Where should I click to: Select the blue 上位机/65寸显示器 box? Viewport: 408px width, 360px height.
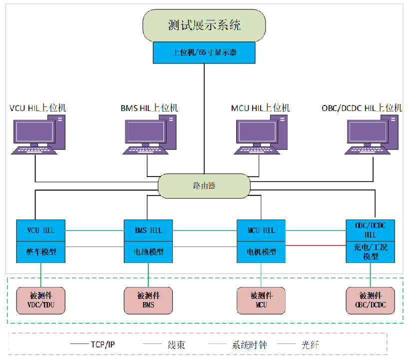[x=204, y=52]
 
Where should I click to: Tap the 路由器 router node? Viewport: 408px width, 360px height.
[x=204, y=185]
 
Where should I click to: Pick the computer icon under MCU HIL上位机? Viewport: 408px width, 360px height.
[x=261, y=133]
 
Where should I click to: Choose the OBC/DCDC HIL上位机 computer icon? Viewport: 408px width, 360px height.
[x=373, y=133]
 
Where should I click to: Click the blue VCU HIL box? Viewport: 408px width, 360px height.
[x=41, y=230]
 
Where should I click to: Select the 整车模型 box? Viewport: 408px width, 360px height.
[x=41, y=251]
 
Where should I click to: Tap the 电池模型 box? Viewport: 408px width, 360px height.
[x=149, y=251]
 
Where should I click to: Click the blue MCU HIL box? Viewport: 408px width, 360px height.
[x=261, y=230]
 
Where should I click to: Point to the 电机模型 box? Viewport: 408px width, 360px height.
[x=261, y=251]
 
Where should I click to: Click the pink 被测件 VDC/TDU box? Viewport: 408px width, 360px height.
[x=40, y=300]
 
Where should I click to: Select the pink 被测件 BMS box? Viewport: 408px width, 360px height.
[x=149, y=300]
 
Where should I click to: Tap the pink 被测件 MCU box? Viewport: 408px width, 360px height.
[x=261, y=300]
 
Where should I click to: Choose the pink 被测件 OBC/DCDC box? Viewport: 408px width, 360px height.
[x=370, y=300]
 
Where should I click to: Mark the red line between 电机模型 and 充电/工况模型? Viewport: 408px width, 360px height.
[x=316, y=245]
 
